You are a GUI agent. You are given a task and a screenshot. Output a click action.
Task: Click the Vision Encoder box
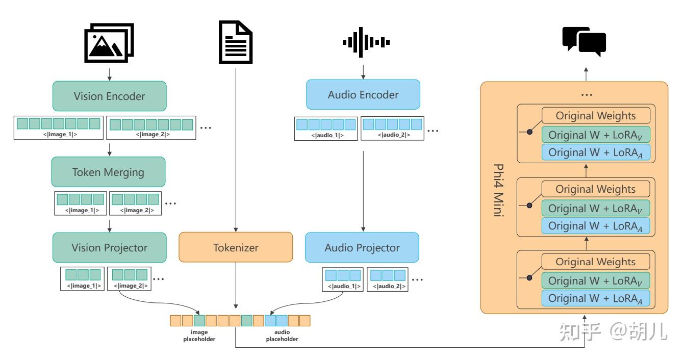[110, 96]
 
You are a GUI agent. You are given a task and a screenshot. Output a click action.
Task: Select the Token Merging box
[108, 172]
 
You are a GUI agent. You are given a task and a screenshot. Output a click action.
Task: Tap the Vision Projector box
[110, 247]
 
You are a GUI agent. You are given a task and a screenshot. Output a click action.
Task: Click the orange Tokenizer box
[236, 247]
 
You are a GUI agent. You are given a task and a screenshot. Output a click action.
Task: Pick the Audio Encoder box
[363, 94]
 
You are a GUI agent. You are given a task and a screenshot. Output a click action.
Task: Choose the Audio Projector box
[362, 247]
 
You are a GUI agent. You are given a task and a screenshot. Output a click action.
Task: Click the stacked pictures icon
[109, 42]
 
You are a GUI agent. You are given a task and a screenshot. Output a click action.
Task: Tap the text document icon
[236, 42]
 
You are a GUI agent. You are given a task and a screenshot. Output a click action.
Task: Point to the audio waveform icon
[366, 42]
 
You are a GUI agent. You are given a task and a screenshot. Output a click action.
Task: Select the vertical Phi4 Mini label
[499, 190]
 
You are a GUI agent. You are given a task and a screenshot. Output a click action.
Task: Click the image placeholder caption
[199, 336]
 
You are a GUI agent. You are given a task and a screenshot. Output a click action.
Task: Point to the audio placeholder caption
[282, 336]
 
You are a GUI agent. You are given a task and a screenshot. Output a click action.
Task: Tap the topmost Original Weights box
[596, 116]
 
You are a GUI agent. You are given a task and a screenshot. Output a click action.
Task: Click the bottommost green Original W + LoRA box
[596, 280]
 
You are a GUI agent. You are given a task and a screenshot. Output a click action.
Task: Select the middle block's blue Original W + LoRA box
[596, 226]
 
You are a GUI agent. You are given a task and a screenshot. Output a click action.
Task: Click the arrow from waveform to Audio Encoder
[363, 72]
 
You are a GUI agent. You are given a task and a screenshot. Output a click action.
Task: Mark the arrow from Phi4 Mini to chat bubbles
[586, 74]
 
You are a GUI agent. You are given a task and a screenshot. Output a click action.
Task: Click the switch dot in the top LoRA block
[529, 132]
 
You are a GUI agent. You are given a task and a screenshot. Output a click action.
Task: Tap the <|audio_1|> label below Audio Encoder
[327, 135]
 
